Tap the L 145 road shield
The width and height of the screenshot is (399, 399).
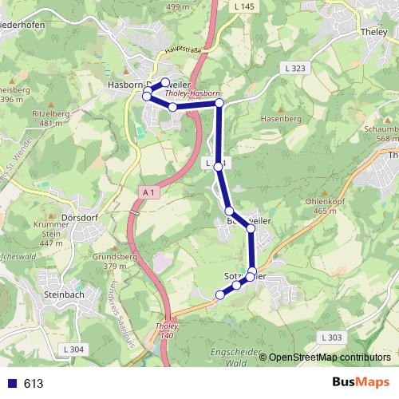pos(247,6)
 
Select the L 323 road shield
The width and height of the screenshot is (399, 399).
pos(294,69)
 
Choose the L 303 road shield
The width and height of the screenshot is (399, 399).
pos(334,338)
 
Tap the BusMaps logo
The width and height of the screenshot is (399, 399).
pos(359,383)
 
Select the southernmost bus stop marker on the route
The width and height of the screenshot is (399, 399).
pos(220,295)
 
